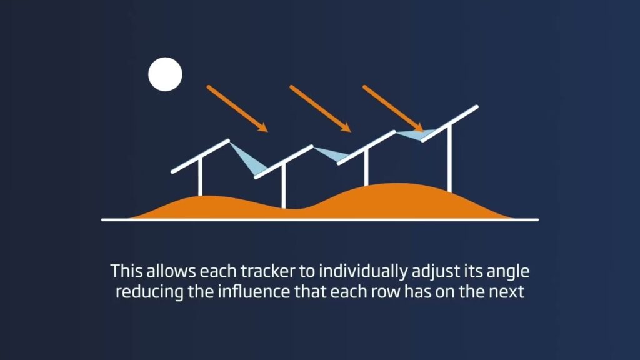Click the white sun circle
click(x=165, y=73)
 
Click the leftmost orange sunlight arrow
click(x=237, y=108)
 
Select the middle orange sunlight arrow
click(x=321, y=109)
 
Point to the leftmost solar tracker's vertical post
click(x=200, y=178)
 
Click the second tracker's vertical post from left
click(x=283, y=187)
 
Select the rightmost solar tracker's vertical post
click(x=449, y=159)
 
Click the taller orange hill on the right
click(x=400, y=200)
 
